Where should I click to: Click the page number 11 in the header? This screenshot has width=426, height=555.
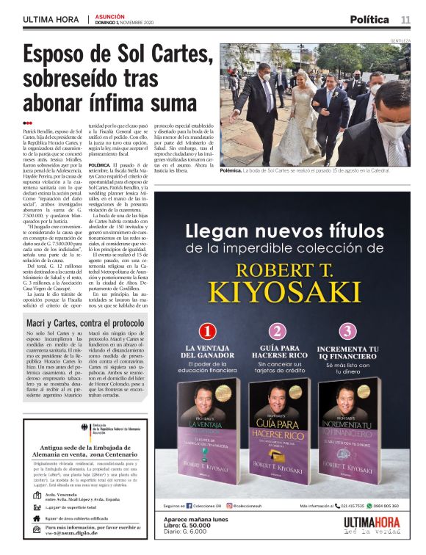[x=405, y=19]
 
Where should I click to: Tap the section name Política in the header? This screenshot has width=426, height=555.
[x=369, y=19]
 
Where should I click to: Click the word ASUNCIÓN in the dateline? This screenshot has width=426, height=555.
[x=110, y=15]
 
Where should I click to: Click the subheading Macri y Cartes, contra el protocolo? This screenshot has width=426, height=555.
[x=85, y=323]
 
